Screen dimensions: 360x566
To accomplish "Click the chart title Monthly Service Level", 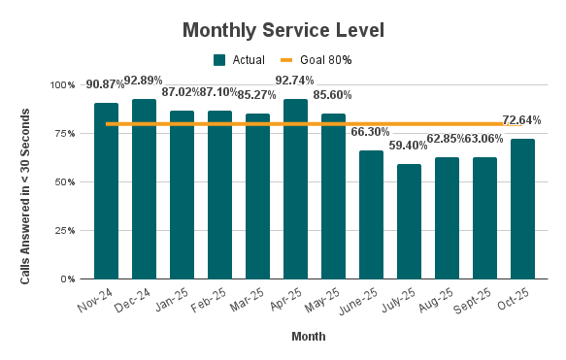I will (x=283, y=30).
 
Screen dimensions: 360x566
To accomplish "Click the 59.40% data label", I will (x=409, y=146).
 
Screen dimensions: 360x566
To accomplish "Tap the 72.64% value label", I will (x=522, y=120).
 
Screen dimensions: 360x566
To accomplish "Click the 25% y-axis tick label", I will (x=65, y=231).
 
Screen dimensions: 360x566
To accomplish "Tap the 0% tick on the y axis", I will (x=68, y=279).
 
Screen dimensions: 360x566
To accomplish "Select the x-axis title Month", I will (x=308, y=338).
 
